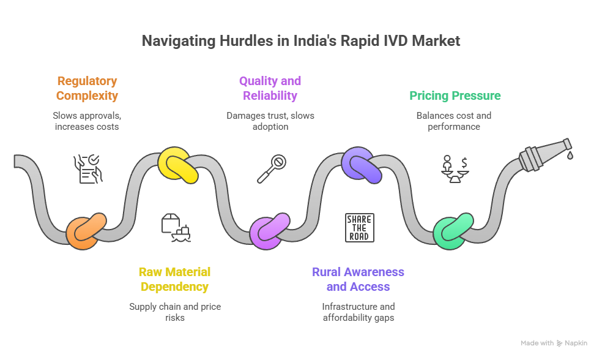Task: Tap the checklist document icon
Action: coord(87,168)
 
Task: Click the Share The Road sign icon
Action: coord(359,228)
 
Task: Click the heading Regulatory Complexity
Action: coord(87,88)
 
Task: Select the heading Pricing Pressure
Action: coord(455,96)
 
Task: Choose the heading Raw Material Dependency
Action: coord(175,279)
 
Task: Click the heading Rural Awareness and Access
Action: coord(359,279)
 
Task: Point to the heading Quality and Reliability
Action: coord(270,88)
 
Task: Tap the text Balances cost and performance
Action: coord(454,121)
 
